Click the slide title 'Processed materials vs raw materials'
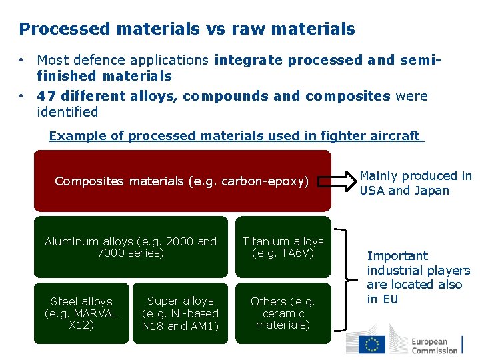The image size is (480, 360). click(x=187, y=29)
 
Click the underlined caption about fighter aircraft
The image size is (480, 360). click(x=236, y=136)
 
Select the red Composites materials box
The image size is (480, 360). click(x=182, y=180)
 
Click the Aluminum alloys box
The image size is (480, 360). click(x=131, y=247)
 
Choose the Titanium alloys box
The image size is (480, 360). click(x=283, y=247)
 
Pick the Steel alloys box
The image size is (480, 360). click(x=81, y=313)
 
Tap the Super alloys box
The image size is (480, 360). click(x=180, y=313)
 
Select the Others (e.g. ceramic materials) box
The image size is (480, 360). click(x=283, y=313)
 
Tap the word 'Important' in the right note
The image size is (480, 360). click(x=397, y=256)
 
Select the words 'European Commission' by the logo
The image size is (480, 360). click(x=434, y=345)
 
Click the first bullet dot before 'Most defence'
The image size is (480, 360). click(x=22, y=61)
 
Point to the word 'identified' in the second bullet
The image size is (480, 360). click(x=67, y=112)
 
